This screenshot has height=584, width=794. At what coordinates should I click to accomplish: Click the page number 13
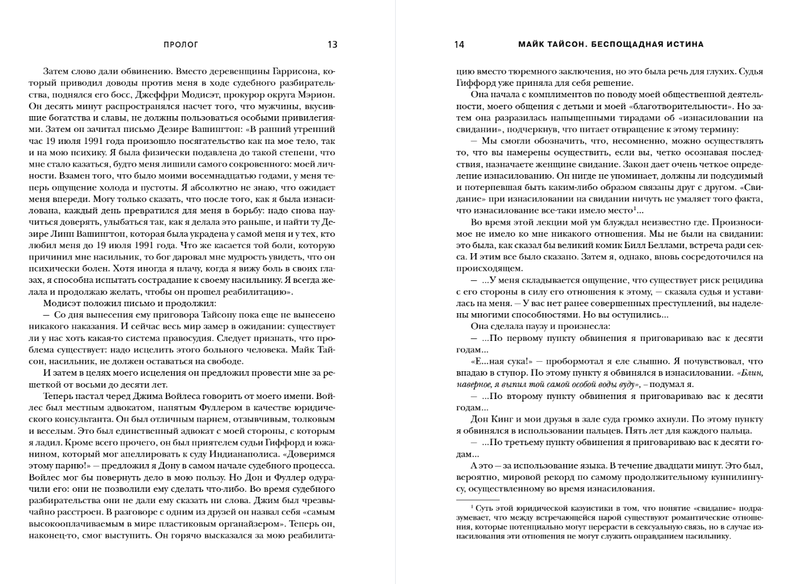tap(333, 45)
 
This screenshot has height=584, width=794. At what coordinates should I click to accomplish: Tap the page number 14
tap(459, 45)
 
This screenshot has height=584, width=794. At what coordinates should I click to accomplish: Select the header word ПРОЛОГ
tap(181, 45)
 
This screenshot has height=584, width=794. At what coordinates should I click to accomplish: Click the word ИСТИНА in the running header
tap(684, 45)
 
